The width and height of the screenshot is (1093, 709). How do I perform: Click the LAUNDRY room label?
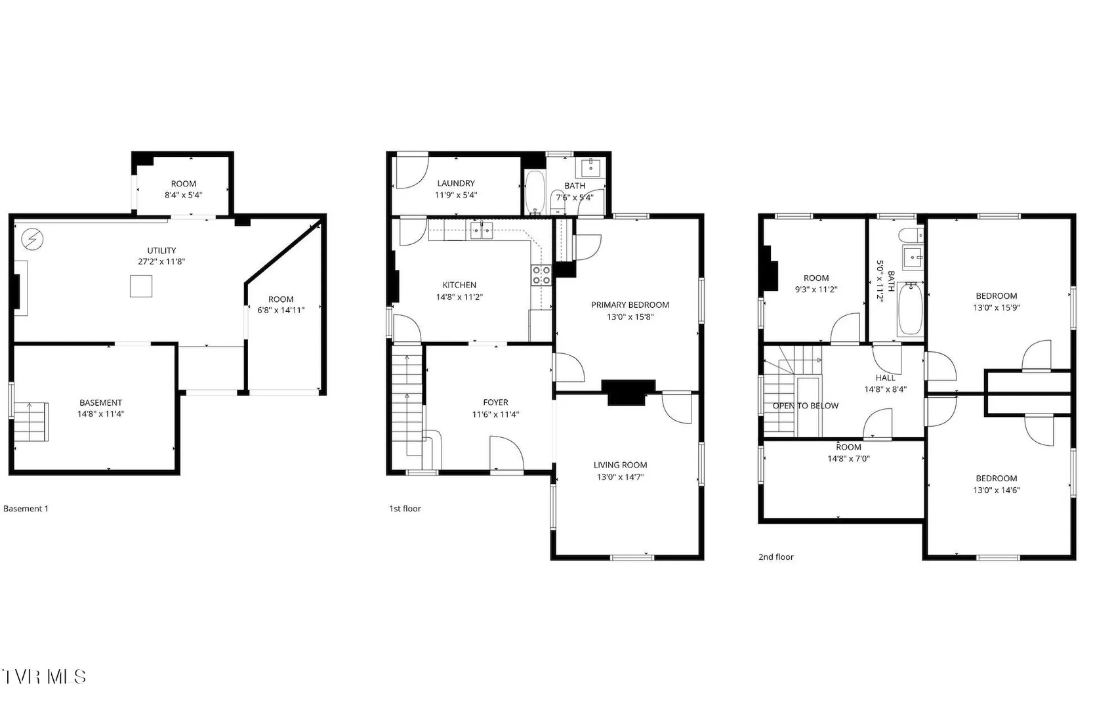456,183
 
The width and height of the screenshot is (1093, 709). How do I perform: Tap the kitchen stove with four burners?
541,275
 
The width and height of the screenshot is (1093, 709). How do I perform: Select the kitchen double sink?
481,230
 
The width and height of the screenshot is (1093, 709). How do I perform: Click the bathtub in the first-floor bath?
535,193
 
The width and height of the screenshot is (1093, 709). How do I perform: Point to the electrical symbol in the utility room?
32,239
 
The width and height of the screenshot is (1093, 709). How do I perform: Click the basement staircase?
31,422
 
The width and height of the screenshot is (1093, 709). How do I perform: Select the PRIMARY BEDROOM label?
630,305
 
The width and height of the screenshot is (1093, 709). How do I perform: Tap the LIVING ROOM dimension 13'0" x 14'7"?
620,477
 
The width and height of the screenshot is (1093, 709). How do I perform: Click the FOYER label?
495,402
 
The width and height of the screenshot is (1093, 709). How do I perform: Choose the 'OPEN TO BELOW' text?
806,406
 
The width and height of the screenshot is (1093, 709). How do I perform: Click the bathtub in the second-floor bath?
911,309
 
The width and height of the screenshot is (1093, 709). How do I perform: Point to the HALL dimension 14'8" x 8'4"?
885,389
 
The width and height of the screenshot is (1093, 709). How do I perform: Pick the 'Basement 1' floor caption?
26,508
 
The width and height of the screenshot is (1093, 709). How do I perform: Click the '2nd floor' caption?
776,557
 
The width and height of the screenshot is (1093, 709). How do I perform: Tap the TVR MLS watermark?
44,677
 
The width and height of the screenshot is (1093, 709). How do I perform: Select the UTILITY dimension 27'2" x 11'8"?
161,261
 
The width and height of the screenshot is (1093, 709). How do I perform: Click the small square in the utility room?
141,286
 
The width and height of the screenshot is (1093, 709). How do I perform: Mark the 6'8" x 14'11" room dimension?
281,310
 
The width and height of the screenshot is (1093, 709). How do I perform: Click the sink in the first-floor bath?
590,167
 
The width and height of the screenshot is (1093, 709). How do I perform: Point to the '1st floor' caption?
405,508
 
